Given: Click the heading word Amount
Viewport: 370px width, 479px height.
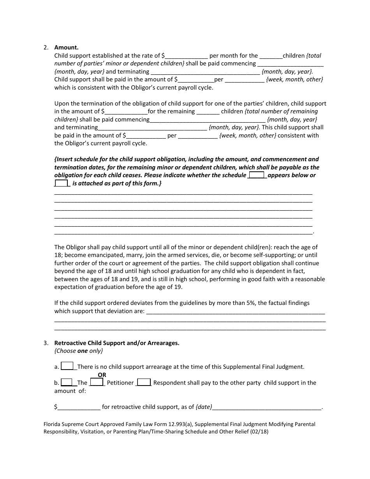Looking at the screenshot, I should (66, 48).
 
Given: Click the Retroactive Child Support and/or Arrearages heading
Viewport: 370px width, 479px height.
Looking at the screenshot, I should (116, 343).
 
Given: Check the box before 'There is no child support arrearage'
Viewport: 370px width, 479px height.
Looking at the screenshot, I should (67, 366).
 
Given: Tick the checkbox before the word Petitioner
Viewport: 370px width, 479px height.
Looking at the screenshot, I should (97, 382).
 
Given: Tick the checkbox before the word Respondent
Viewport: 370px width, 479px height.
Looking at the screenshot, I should (144, 382).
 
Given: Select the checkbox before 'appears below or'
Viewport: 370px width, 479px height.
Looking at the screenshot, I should (257, 175).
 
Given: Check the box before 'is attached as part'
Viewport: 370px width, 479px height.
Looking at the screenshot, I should (62, 183).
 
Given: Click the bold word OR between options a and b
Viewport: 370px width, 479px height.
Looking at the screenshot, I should (102, 375).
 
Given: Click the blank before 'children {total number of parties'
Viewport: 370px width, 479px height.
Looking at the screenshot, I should (271, 56).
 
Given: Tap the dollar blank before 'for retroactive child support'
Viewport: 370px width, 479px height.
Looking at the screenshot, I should (79, 407).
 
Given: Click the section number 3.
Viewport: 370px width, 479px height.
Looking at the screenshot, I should (46, 343).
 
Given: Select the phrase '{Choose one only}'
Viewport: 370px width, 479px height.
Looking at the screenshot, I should (78, 351).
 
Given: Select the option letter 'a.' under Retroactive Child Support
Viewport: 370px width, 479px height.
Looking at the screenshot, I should (57, 367).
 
